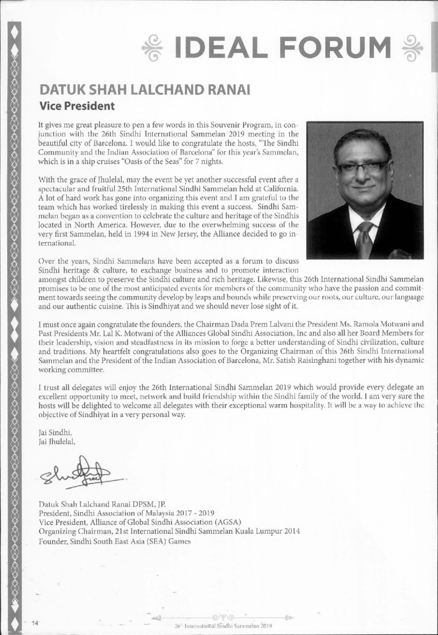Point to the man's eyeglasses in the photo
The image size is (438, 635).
tap(364, 166)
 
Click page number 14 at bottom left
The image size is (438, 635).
tap(35, 622)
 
